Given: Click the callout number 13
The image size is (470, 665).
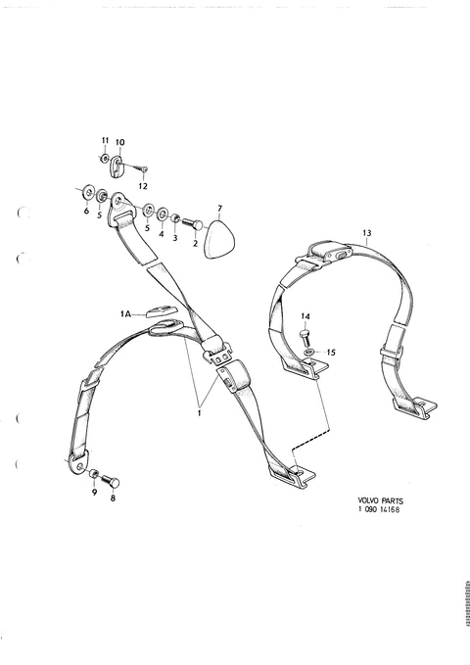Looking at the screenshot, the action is coord(367,233).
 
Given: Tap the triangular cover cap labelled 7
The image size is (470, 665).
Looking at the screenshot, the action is coord(218,240).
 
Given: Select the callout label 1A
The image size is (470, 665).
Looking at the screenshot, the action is coord(125,313).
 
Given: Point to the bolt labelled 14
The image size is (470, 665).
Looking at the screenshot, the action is coord(305,338).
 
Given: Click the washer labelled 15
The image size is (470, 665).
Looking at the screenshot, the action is coord(309,352).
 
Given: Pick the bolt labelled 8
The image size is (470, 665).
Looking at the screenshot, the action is coord(111,481).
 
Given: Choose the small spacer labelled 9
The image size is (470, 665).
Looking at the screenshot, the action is coord(94,473).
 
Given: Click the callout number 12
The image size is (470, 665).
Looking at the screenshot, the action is coord(143,186).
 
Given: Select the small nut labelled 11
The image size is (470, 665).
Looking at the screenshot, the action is coord(104,159).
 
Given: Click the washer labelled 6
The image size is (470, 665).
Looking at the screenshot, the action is coord(88,193).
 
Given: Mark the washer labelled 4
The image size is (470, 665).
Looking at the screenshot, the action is coord(163,214).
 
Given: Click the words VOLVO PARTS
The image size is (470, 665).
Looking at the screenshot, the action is coord(381,500).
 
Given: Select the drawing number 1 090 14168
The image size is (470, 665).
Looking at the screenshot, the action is coord(379,509).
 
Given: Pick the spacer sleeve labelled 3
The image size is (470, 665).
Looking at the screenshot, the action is coord(175,219).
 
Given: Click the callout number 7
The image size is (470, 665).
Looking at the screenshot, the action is coord(219,209).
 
